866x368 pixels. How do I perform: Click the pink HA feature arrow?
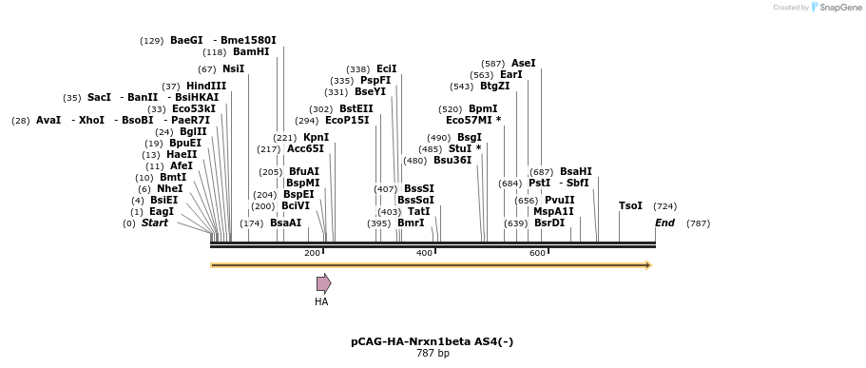[x=323, y=283]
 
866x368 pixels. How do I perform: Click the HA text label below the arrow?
[x=321, y=301]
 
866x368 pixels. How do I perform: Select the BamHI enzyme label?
[x=251, y=52]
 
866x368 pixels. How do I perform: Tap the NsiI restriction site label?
[x=233, y=69]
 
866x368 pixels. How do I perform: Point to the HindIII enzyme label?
[x=205, y=87]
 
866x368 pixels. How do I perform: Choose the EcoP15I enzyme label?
[x=347, y=121]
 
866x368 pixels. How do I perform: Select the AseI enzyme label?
[x=523, y=64]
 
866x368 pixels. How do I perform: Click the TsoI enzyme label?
[x=630, y=206]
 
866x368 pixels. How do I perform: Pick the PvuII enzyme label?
[x=559, y=201]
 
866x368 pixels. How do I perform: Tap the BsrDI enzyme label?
[x=549, y=223]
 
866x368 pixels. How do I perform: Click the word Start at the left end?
[x=155, y=223]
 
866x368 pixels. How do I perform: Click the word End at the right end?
[x=664, y=223]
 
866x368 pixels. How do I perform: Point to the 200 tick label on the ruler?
[x=312, y=253]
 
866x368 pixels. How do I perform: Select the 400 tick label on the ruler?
[x=424, y=253]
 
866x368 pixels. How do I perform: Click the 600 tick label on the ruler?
[x=537, y=253]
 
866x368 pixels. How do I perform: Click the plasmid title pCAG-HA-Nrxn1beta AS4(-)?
[x=433, y=341]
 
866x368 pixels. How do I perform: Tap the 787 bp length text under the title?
[x=433, y=354]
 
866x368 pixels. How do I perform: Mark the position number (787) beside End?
[x=698, y=223]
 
